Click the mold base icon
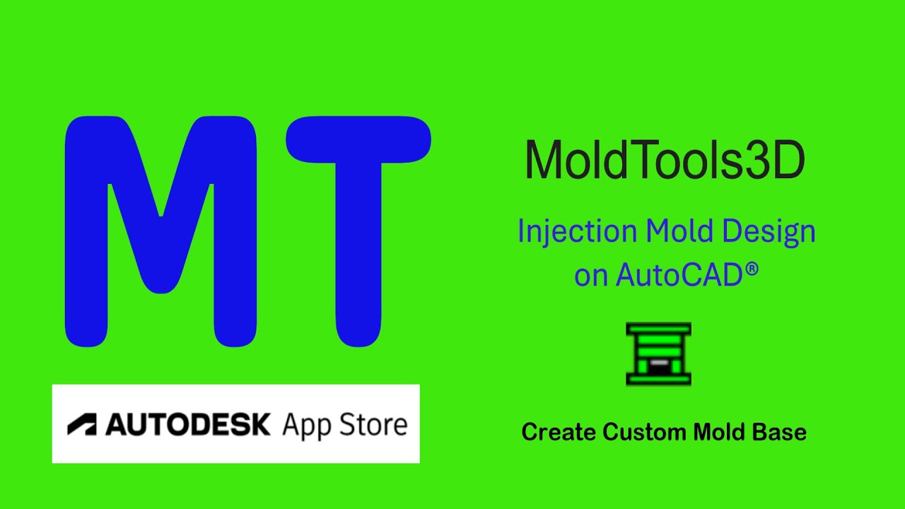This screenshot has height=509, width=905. [658, 353]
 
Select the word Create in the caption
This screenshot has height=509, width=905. [559, 431]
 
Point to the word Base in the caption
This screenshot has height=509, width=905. [781, 431]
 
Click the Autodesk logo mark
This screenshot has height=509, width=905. [82, 424]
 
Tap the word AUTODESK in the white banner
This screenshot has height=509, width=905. [188, 424]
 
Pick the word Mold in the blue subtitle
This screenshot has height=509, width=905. [678, 232]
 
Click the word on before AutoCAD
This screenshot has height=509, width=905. [591, 276]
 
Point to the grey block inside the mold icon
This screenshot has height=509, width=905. [658, 363]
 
